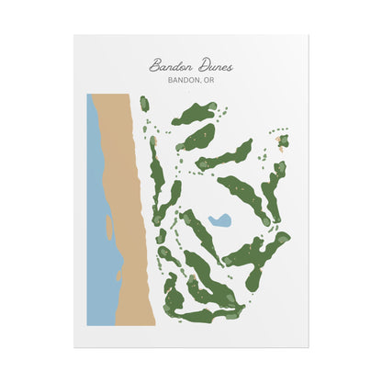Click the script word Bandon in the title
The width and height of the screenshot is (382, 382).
pos(168,66)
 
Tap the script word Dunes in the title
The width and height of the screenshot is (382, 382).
pos(212,66)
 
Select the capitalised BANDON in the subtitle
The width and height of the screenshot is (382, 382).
pos(184,80)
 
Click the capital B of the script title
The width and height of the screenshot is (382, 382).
pos(153,66)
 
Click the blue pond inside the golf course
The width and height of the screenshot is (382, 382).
pos(219,221)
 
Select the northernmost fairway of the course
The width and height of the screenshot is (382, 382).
pos(196,113)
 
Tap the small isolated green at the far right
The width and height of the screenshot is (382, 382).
pos(283,141)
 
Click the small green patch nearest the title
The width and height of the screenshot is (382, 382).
pos(144,104)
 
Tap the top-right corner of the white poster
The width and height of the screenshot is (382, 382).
pos(308,36)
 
